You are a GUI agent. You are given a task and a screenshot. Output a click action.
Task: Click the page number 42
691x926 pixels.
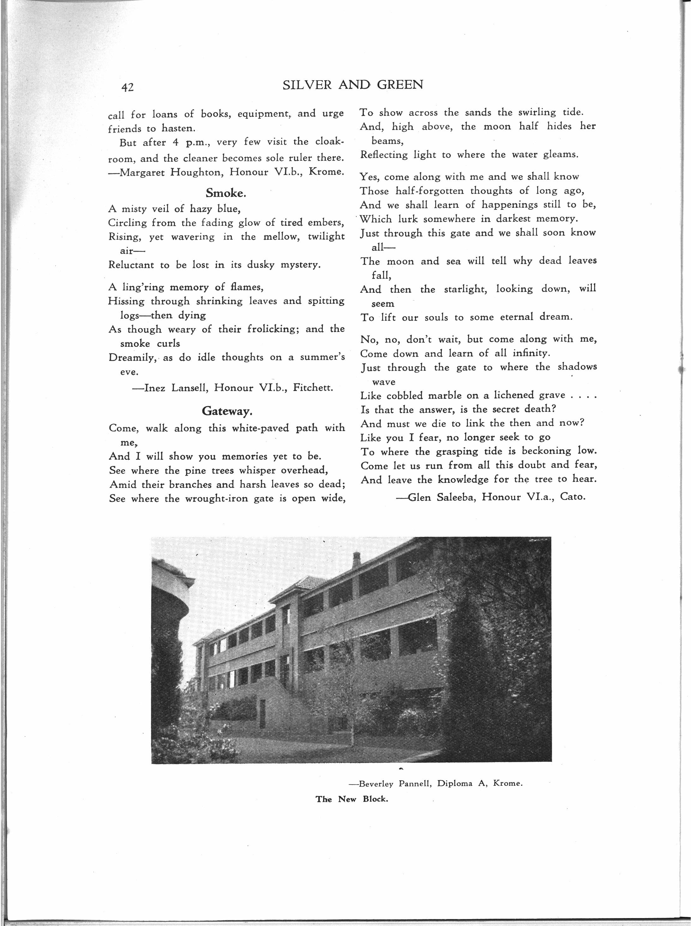click(x=127, y=87)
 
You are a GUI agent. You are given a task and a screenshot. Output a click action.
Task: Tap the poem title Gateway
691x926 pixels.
click(x=227, y=411)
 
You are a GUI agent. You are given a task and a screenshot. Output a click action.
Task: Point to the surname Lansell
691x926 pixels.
click(x=189, y=388)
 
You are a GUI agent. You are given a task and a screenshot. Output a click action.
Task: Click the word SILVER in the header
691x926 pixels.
click(x=307, y=85)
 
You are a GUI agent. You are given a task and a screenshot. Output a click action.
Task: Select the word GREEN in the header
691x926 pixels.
click(x=400, y=85)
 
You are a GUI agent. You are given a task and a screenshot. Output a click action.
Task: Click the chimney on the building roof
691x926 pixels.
click(x=356, y=559)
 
